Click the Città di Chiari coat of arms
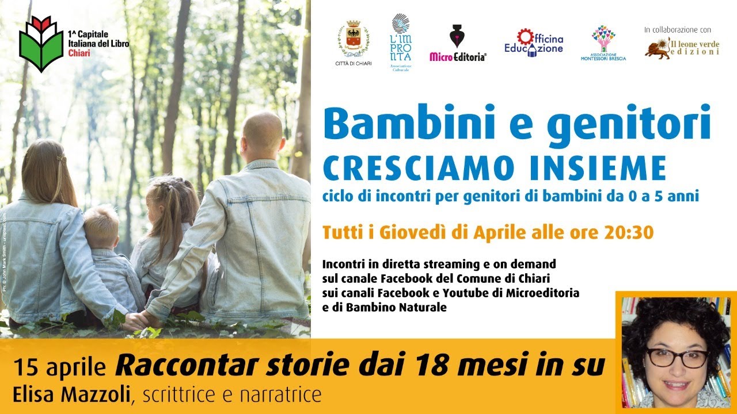[x=354, y=39]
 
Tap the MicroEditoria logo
[x=458, y=43]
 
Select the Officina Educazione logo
[x=534, y=42]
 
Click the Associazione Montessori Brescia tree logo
[x=603, y=39]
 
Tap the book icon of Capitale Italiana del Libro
[x=41, y=44]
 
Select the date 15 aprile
[x=60, y=366]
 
